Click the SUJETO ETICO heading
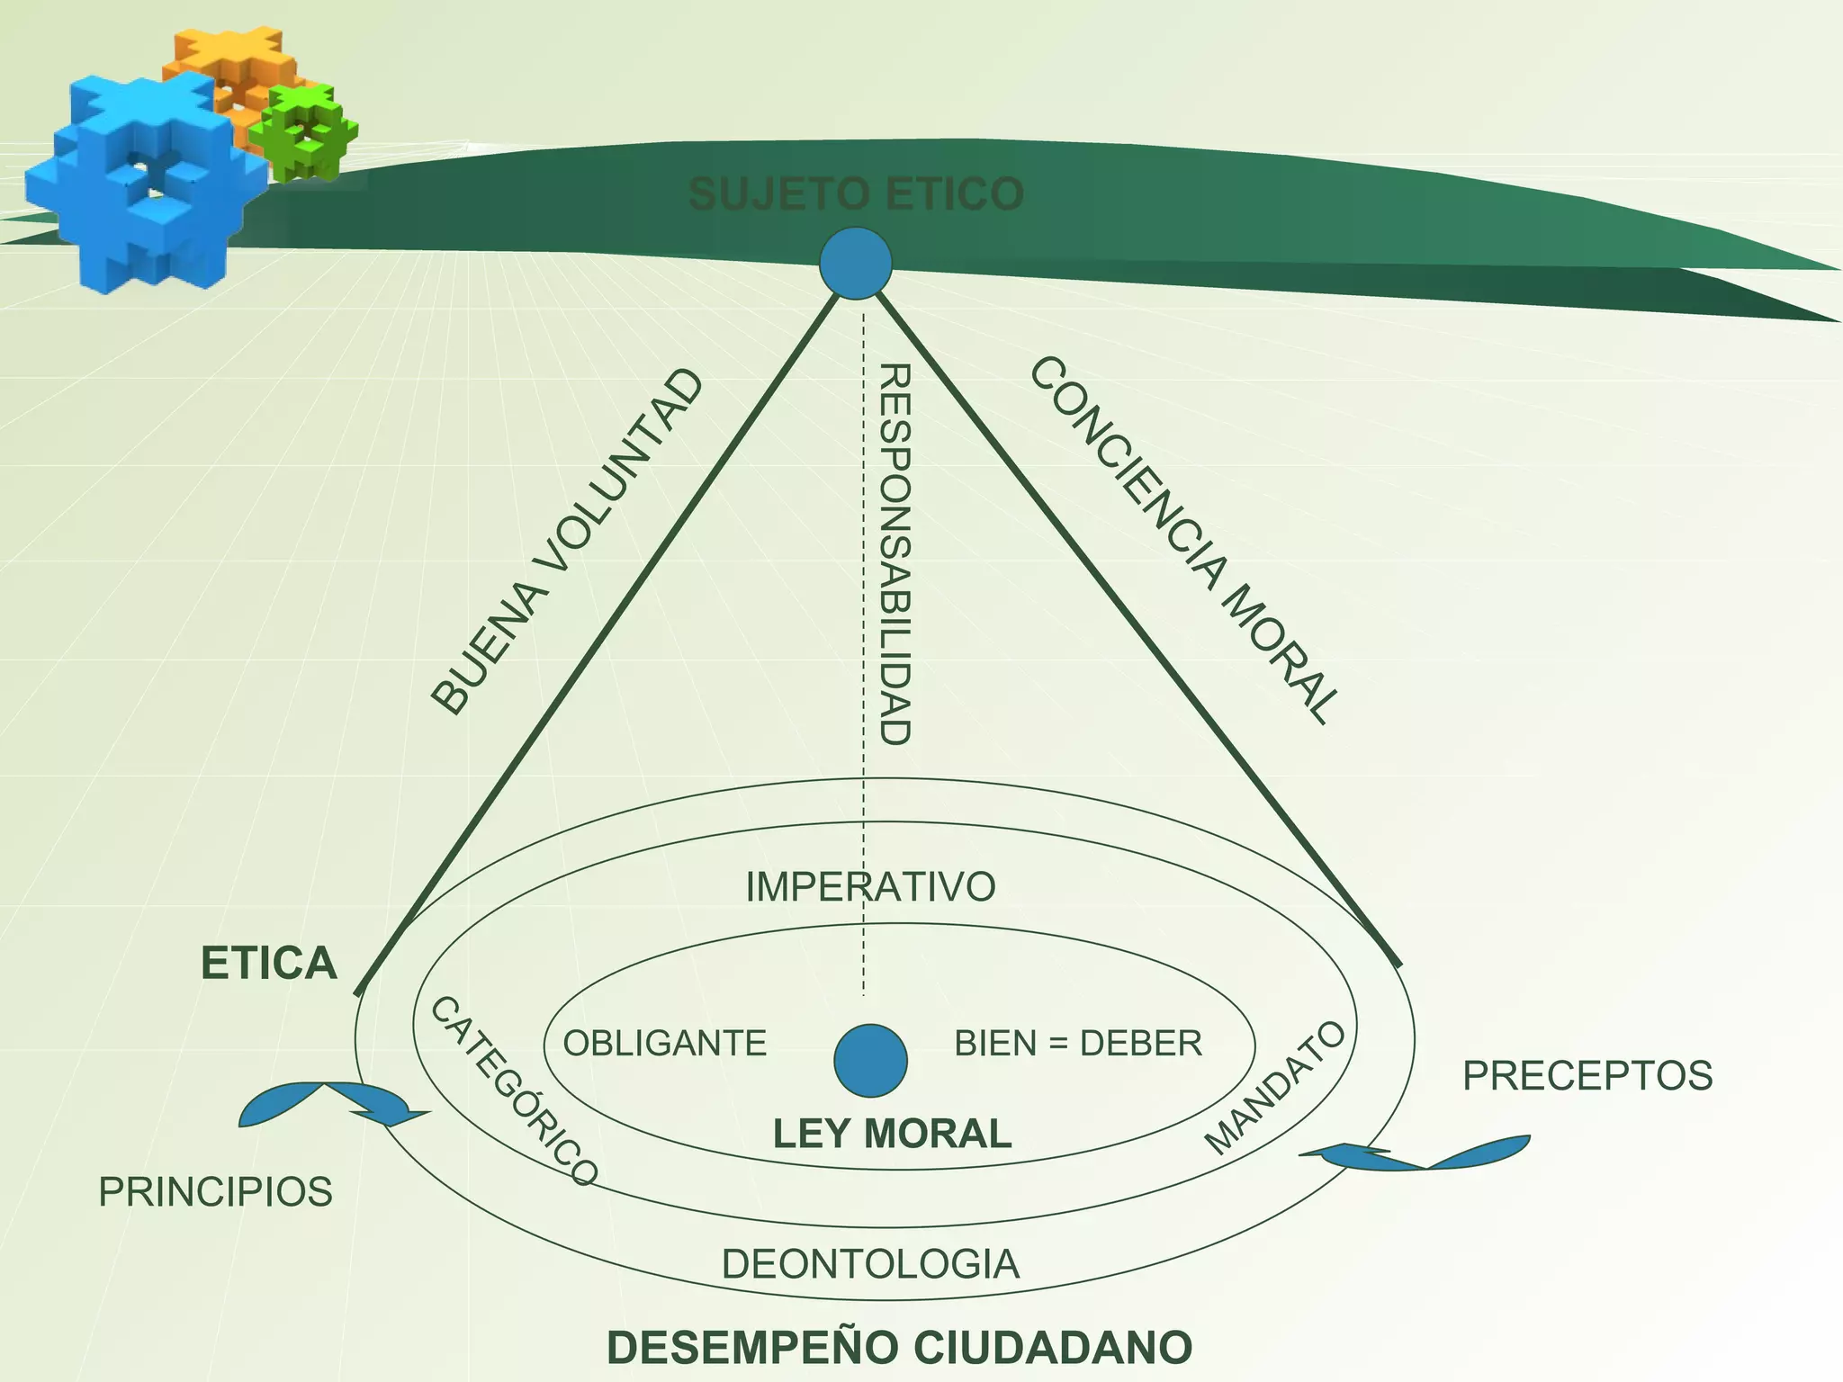coord(856,194)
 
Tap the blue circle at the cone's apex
coord(856,263)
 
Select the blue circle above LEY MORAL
coord(870,1060)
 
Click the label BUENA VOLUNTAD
coord(566,543)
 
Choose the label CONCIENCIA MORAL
coord(1184,540)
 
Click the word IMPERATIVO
coord(870,887)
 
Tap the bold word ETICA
coord(268,964)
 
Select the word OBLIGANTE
coord(664,1044)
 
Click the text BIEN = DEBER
coord(1078,1044)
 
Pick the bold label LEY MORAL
coord(892,1134)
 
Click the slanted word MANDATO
coord(1275,1088)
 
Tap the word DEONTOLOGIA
coord(870,1264)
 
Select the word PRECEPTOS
coord(1587,1076)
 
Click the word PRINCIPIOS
coord(215,1192)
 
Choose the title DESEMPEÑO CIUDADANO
coord(900,1348)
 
